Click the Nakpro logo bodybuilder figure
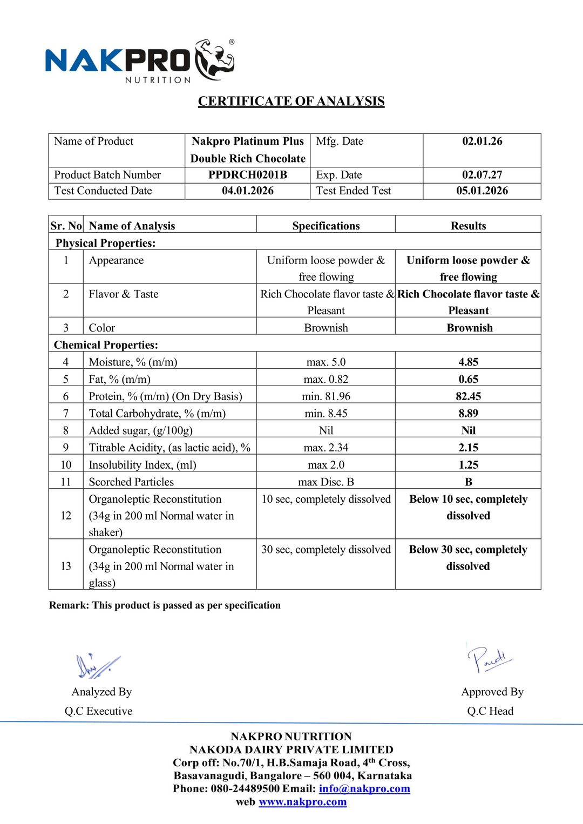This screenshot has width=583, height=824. [215, 59]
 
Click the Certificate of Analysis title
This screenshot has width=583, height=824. [291, 102]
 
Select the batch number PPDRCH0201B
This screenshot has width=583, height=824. [248, 175]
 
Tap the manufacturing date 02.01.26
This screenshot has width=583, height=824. [482, 141]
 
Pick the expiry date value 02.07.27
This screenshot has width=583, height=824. [482, 175]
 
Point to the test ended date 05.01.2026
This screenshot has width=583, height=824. [482, 191]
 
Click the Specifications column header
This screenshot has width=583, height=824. [326, 226]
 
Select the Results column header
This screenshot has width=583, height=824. [468, 226]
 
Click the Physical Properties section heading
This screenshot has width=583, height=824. [106, 243]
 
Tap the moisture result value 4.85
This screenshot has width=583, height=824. [468, 362]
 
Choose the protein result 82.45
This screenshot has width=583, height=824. [468, 396]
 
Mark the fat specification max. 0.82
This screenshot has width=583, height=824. [326, 379]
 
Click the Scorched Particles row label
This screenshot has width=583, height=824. [131, 482]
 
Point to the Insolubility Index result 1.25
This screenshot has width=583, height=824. [468, 465]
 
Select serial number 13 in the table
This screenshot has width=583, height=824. [66, 566]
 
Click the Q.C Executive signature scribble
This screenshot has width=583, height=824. [97, 666]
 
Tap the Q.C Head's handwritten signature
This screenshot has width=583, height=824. [489, 659]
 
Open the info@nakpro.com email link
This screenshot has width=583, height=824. [364, 788]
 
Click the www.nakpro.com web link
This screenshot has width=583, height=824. [302, 802]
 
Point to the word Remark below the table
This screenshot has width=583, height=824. [69, 605]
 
